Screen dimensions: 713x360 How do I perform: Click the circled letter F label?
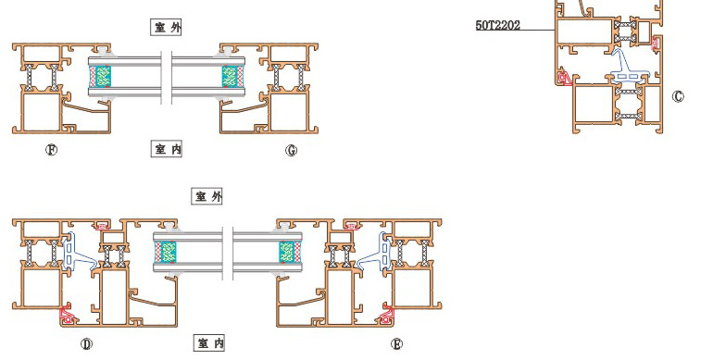pyautogui.click(x=51, y=150)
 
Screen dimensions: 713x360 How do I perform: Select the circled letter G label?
pyautogui.click(x=291, y=150)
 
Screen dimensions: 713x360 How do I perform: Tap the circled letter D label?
pyautogui.click(x=86, y=344)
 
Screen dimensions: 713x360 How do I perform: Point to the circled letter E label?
pyautogui.click(x=396, y=344)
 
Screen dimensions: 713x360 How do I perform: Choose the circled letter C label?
pyautogui.click(x=678, y=96)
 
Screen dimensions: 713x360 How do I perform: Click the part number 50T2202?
pyautogui.click(x=498, y=25)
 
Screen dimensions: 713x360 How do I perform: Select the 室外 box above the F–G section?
pyautogui.click(x=167, y=27)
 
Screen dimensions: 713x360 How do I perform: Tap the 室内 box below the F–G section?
pyautogui.click(x=167, y=149)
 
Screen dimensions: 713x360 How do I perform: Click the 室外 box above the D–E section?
pyautogui.click(x=206, y=196)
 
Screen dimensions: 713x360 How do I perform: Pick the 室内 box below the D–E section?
pyautogui.click(x=209, y=342)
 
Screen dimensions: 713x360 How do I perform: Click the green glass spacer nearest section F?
pyautogui.click(x=104, y=77)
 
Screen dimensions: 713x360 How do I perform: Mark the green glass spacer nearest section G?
pyautogui.click(x=230, y=77)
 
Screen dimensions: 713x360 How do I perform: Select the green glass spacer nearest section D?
pyautogui.click(x=169, y=252)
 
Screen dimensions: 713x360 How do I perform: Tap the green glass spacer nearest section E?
pyautogui.click(x=286, y=252)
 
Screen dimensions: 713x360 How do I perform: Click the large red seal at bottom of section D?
pyautogui.click(x=69, y=315)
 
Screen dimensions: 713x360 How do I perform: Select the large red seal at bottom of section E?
pyautogui.click(x=386, y=315)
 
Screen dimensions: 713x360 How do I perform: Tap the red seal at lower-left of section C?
pyautogui.click(x=564, y=77)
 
